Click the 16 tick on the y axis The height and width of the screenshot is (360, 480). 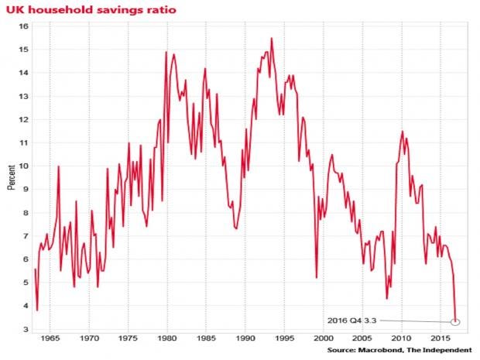click(24, 26)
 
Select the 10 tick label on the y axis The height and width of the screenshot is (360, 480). click(24, 166)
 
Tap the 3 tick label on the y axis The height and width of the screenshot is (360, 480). click(26, 330)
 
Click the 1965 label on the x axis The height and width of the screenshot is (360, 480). click(50, 339)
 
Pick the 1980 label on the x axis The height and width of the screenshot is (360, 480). click(167, 339)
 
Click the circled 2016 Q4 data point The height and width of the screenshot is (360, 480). click(456, 321)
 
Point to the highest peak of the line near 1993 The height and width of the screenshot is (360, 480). click(272, 38)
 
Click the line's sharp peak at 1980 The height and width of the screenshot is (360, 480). click(166, 52)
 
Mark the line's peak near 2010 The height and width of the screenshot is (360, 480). click(402, 132)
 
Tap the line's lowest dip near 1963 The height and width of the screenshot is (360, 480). click(37, 310)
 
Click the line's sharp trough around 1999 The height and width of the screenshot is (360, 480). click(317, 277)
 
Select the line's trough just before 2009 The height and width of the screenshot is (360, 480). click(387, 298)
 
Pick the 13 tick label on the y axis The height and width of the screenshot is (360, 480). click(24, 96)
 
